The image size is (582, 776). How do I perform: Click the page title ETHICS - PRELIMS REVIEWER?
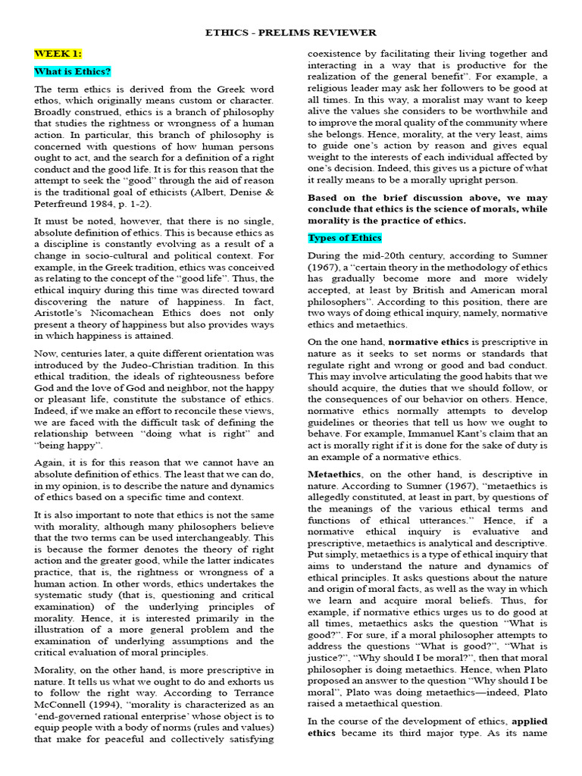pyautogui.click(x=291, y=33)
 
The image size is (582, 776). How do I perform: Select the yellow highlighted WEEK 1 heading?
pyautogui.click(x=58, y=53)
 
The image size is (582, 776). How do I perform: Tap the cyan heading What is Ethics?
pyautogui.click(x=73, y=72)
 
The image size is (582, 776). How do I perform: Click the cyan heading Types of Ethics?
pyautogui.click(x=345, y=238)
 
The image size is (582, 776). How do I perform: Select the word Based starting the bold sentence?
pyautogui.click(x=323, y=197)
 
